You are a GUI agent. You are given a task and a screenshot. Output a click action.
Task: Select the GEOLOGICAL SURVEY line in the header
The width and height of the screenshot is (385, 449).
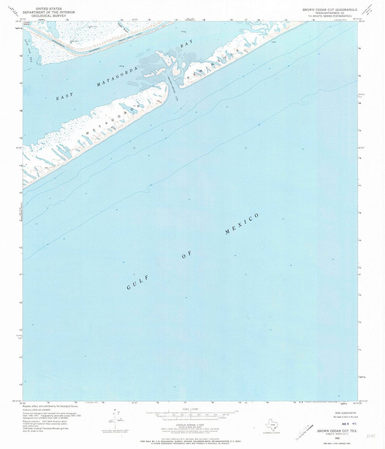(x=44, y=16)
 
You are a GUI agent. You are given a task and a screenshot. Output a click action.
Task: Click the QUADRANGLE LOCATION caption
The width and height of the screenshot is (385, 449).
(x=272, y=433)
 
